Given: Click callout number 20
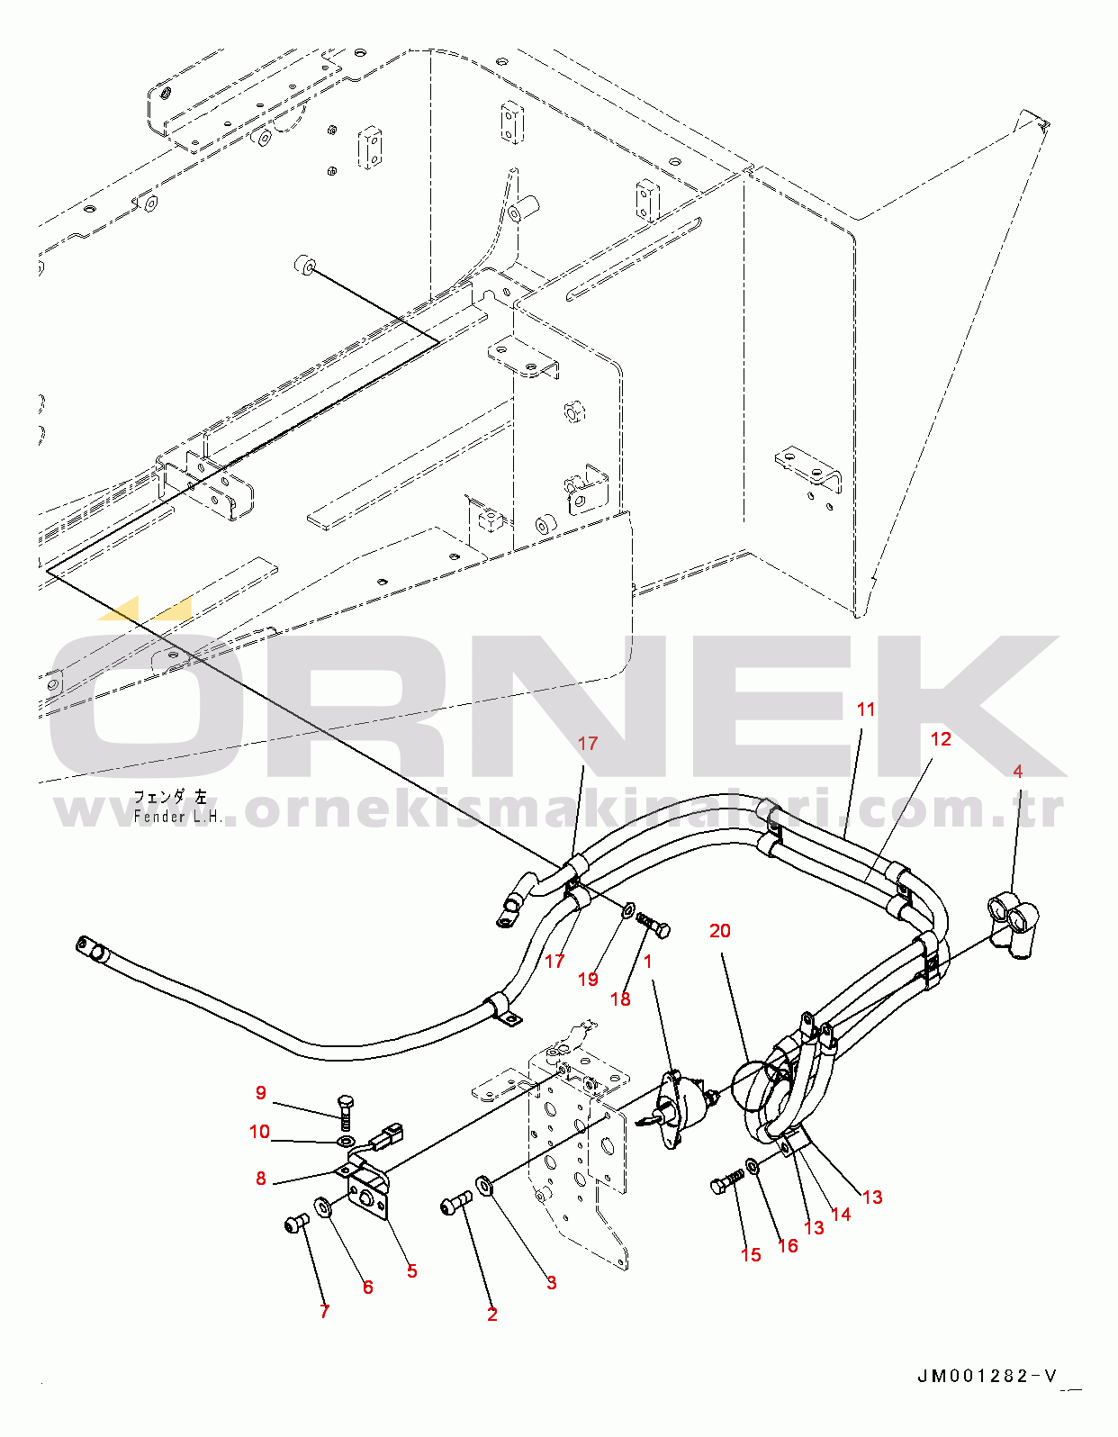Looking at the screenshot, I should pos(719,931).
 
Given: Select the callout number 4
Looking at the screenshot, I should pos(1017,772).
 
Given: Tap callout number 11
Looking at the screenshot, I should pos(865,709).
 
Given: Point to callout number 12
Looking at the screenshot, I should pos(940,739).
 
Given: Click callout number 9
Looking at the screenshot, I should pos(260,1093).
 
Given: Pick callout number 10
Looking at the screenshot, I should pos(259,1132).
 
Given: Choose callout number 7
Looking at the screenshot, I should pos(324,1312).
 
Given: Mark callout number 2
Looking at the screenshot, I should pos(491,1315).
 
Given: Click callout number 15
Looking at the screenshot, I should pos(751,1255).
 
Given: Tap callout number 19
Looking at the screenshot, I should pos(588,980).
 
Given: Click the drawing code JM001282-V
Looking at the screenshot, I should pos(987,1377).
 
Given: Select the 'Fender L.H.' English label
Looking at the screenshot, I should pos(176,818).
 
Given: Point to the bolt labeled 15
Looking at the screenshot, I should pos(726,1183).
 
